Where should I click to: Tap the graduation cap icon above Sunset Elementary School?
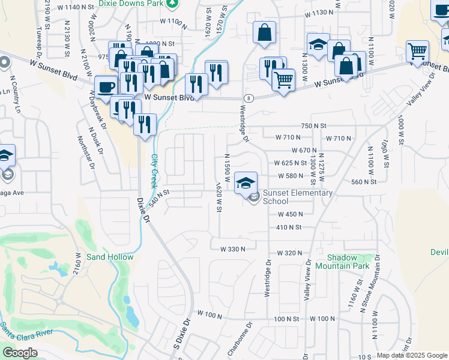click(x=246, y=182)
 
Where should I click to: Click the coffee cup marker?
click(x=106, y=86)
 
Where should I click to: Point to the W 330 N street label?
click(x=233, y=249)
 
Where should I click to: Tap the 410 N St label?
click(x=288, y=227)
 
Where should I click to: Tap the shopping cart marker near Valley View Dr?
click(x=417, y=51)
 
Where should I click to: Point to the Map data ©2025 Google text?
click(x=412, y=355)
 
